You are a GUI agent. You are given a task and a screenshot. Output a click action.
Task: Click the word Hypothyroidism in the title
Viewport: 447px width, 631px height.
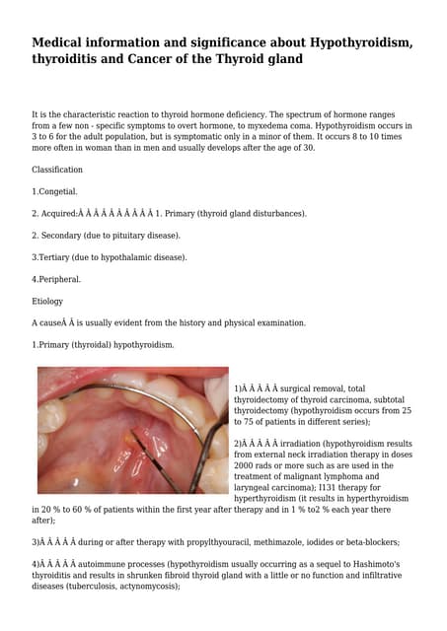347,42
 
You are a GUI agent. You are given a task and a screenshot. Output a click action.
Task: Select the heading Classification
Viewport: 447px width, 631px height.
57,170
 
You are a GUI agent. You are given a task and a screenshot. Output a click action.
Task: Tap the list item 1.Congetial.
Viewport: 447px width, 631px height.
54,191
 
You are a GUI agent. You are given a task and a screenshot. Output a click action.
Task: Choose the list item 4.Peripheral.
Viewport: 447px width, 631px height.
56,279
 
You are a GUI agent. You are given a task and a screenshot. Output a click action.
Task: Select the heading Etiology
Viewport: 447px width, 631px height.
47,301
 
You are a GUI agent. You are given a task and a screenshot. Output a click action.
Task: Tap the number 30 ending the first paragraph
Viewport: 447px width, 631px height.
308,148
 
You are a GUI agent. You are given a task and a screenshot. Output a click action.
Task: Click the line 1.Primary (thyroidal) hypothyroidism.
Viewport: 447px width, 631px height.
103,345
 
